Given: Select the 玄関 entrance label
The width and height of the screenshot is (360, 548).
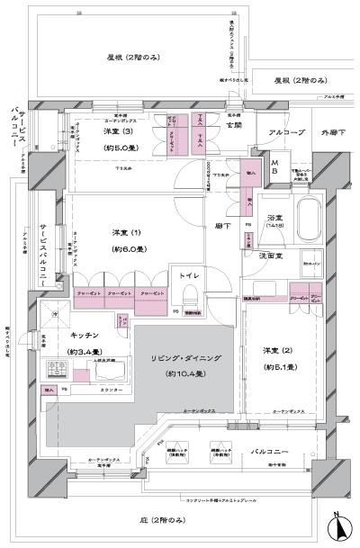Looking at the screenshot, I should point(233,125).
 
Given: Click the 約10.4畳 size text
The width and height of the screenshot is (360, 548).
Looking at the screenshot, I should point(183,373).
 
